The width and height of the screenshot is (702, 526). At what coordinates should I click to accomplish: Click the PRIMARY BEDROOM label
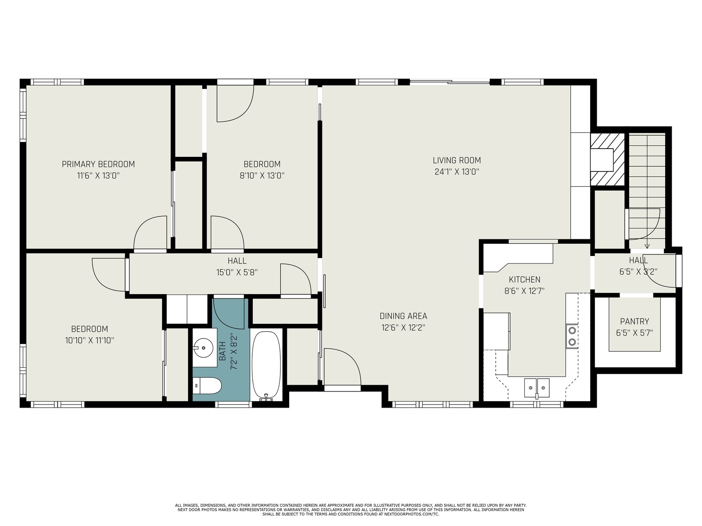pos(98,164)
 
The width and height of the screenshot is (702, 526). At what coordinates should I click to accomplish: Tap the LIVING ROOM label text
pos(457,160)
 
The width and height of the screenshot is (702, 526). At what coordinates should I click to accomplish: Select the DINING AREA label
pos(403,316)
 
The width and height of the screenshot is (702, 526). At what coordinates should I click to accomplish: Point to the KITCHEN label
pos(524,280)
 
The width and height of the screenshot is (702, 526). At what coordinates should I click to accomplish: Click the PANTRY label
pos(634,321)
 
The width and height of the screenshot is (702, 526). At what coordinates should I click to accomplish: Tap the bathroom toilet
pos(207,386)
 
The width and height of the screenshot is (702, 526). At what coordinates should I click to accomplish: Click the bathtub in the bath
pos(266,366)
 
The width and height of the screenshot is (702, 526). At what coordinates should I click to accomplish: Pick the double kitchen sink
pos(537,388)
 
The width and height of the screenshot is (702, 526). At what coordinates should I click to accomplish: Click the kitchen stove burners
pos(572,336)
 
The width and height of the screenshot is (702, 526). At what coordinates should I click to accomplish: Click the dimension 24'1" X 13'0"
pos(457,172)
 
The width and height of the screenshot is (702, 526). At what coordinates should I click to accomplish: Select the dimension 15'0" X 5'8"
pos(236,273)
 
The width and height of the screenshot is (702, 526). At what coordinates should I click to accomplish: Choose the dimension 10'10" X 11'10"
pos(90,341)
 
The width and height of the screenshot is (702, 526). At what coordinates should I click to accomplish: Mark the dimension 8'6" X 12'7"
pos(524,291)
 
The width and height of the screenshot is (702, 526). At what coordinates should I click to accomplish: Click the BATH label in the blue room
pos(222,351)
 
